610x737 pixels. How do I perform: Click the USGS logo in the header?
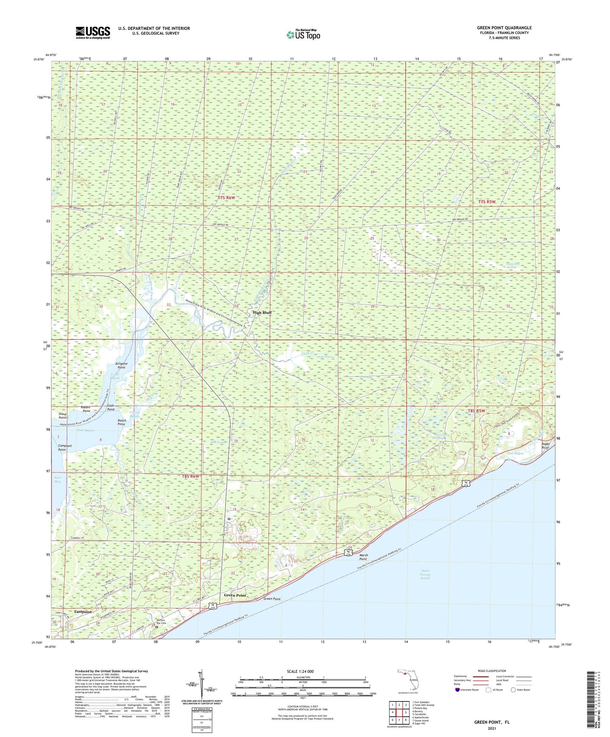92,33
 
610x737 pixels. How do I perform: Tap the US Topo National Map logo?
303,35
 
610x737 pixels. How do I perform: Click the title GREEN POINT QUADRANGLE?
504,28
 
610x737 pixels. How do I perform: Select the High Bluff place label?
262,313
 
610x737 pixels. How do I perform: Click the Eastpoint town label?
83,612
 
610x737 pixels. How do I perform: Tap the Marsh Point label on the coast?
363,557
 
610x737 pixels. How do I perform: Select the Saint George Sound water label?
425,574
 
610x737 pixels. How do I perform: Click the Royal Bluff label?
545,445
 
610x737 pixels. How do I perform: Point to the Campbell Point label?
62,447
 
